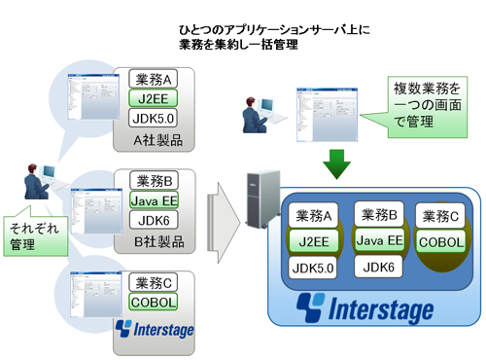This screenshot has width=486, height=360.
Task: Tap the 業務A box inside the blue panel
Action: tap(314, 215)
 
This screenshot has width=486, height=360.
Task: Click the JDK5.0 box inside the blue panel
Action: tap(314, 266)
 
